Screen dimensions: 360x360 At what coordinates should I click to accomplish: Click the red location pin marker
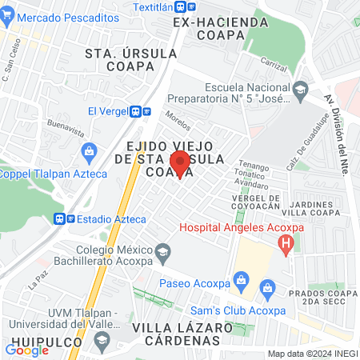(x=181, y=164)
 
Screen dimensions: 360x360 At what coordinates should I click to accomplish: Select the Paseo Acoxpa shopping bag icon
(x=239, y=279)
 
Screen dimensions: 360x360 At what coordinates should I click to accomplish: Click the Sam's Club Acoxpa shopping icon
(x=267, y=286)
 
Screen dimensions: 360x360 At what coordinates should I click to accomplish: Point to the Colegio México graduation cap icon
(x=162, y=252)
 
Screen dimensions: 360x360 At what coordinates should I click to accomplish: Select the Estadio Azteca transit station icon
(x=62, y=218)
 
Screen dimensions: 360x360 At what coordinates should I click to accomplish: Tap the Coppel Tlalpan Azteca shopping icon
(x=90, y=150)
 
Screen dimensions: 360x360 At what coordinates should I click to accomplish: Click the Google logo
(x=26, y=350)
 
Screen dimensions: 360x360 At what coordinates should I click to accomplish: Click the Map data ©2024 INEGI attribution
(x=311, y=354)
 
